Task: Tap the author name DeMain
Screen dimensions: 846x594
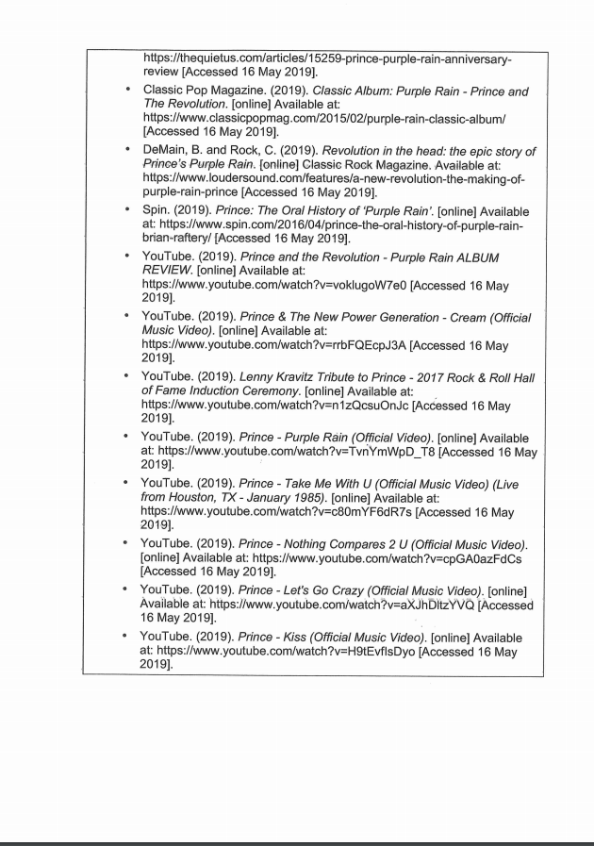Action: coord(169,152)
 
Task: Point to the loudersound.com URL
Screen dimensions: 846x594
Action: coord(337,178)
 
